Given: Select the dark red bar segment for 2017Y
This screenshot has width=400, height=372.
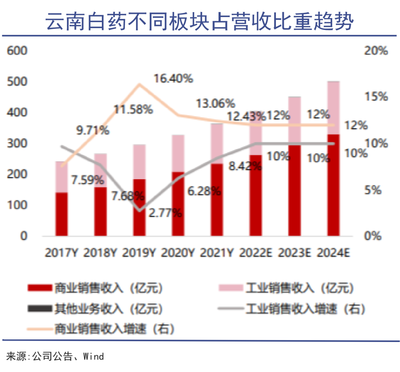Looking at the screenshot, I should point(61,214).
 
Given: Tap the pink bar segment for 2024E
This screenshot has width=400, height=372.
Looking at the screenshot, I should point(333,107).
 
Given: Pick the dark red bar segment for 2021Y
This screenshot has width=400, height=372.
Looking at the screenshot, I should point(217,200).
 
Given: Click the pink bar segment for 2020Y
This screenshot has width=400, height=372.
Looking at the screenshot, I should point(178,153).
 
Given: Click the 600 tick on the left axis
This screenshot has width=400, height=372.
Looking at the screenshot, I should point(17,50).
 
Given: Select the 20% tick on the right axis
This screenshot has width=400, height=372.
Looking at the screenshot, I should point(376,50).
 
